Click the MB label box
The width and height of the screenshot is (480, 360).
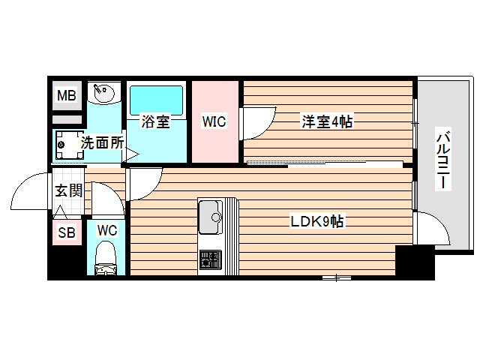coord(67,95)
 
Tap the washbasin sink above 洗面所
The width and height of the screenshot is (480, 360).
coord(103,94)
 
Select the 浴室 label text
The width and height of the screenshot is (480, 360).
coord(155,121)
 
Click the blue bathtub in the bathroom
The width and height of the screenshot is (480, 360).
coord(156,99)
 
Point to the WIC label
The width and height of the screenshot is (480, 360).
coord(214,121)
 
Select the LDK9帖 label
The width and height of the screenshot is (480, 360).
coord(317,222)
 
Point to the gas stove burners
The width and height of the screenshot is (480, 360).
coord(209,259)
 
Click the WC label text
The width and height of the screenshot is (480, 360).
coord(106,231)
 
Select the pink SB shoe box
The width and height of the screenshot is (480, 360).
coord(67,233)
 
